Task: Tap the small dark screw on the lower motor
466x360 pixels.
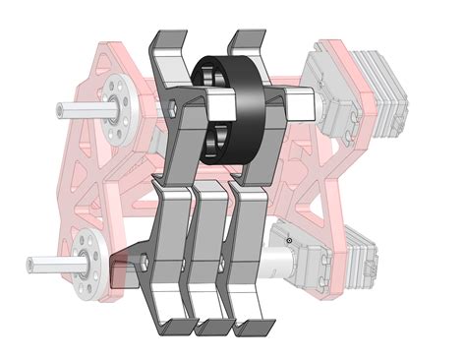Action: click(288, 240)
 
